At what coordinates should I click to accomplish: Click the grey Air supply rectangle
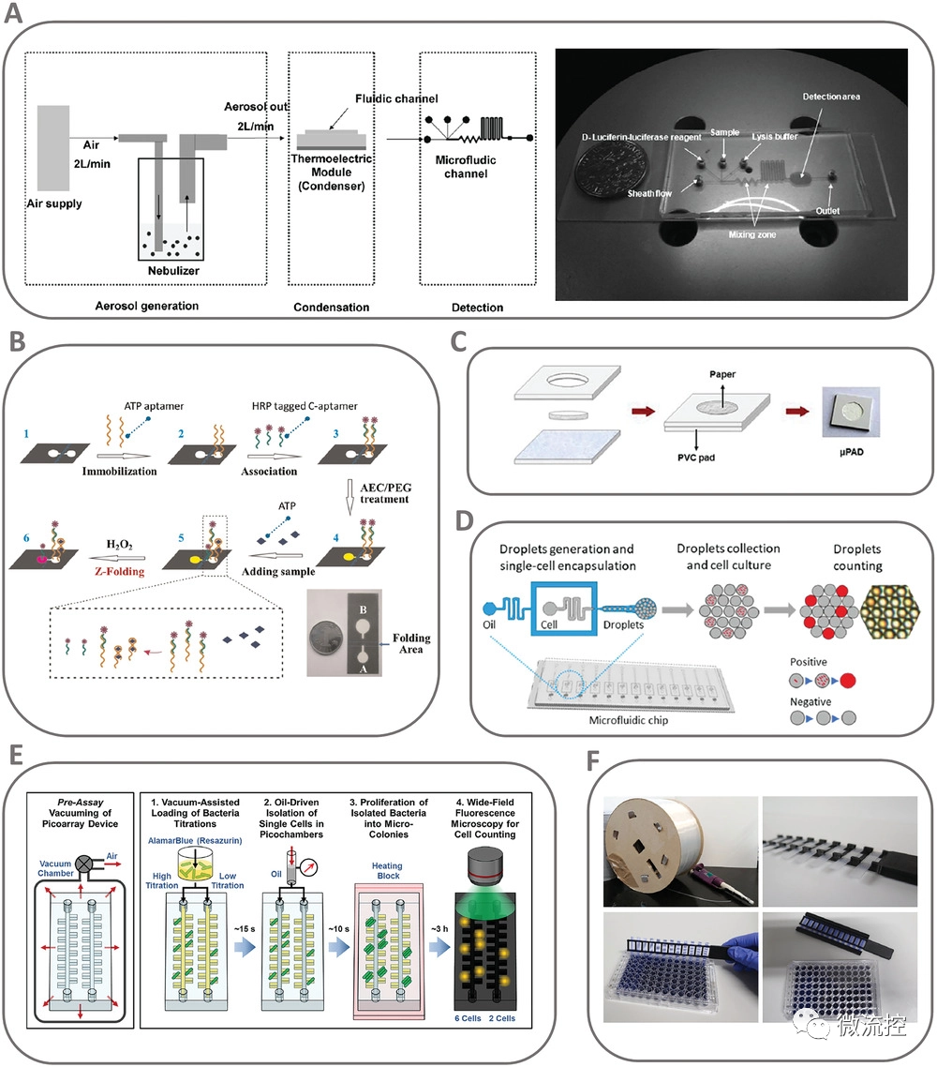[x=53, y=147]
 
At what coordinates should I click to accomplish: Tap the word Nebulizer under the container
[x=173, y=271]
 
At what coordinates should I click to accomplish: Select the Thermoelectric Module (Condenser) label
[x=332, y=173]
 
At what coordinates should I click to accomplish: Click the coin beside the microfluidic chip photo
[x=599, y=173]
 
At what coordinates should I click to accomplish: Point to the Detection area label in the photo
[x=831, y=97]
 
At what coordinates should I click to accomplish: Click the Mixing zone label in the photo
[x=752, y=234]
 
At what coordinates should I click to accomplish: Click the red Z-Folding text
[x=120, y=572]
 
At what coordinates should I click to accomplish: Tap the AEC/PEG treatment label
[x=385, y=493]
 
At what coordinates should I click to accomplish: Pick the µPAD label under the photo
[x=852, y=452]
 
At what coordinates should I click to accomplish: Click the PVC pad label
[x=695, y=458]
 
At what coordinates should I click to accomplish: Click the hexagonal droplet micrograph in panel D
[x=890, y=612]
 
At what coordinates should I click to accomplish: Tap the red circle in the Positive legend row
[x=848, y=681]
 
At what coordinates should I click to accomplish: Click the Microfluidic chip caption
[x=629, y=720]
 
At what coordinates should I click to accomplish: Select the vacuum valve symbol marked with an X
[x=84, y=864]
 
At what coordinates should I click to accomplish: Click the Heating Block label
[x=388, y=871]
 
